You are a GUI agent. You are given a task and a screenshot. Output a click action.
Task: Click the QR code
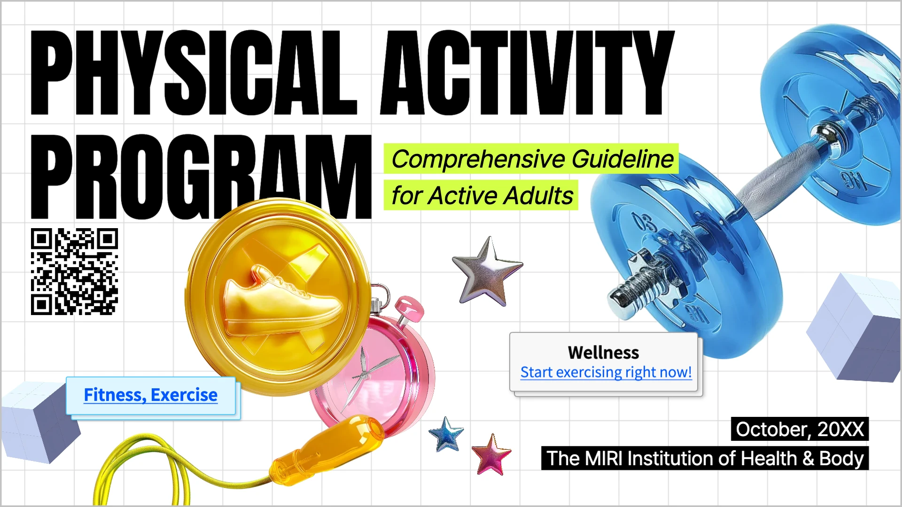point(74,271)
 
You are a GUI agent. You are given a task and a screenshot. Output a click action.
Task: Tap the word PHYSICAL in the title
point(194,73)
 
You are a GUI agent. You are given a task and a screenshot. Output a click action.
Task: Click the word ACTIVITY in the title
point(527,73)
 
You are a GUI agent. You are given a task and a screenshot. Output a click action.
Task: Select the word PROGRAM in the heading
point(201,176)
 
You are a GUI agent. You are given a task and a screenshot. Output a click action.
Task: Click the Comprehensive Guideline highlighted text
point(532,159)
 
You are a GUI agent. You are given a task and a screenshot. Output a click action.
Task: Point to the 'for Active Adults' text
point(482,195)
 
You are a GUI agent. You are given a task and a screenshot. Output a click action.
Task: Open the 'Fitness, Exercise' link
point(150,395)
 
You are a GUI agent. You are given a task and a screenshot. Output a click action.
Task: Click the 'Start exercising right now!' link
point(606,372)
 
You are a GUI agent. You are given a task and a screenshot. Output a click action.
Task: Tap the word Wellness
point(603,353)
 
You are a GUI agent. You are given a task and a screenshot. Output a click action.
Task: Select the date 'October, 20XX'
point(800,429)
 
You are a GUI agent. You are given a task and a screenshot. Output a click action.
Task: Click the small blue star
point(446,434)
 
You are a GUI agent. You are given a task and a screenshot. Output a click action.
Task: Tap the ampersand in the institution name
point(808,459)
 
